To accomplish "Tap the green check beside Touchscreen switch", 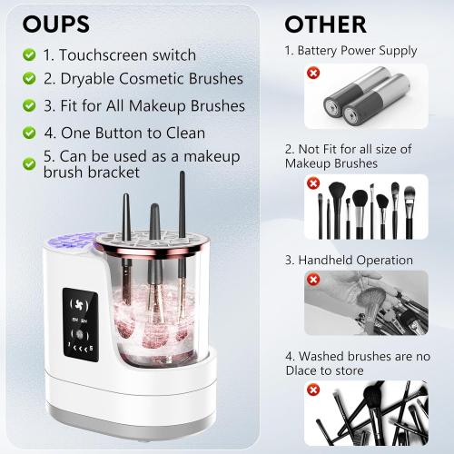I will pyautogui.click(x=30, y=54).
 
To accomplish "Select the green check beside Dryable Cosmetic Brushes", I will pyautogui.click(x=30, y=80).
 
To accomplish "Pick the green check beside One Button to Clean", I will pyautogui.click(x=30, y=133).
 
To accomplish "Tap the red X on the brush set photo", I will pyautogui.click(x=313, y=183).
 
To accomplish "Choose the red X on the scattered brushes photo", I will pyautogui.click(x=313, y=390).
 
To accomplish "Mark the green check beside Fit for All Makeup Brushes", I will pyautogui.click(x=30, y=106).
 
